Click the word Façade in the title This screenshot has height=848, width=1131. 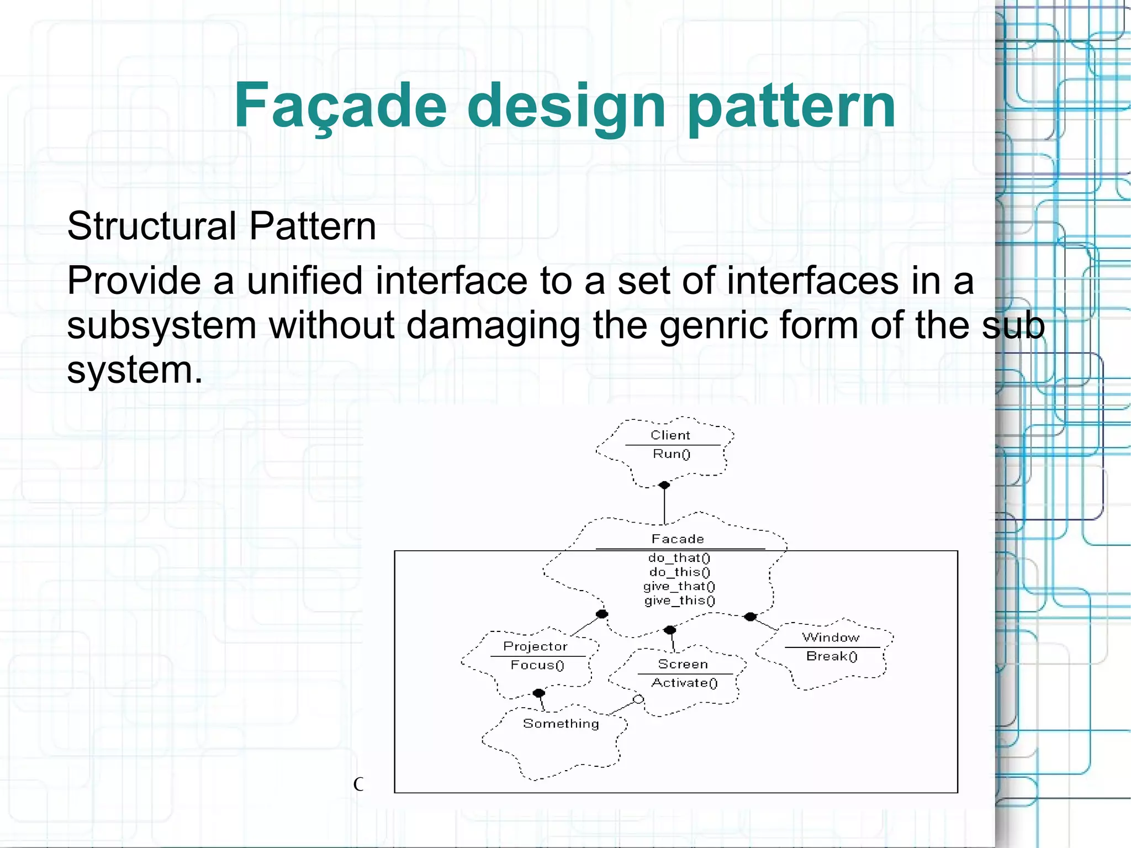(x=340, y=106)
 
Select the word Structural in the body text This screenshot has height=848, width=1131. (x=152, y=226)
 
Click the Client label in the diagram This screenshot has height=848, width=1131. (x=670, y=435)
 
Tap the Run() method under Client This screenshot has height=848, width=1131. (x=672, y=454)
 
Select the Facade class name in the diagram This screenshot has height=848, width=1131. (x=678, y=539)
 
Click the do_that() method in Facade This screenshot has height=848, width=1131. (x=679, y=558)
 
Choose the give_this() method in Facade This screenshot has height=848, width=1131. (x=679, y=601)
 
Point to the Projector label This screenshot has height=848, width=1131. (x=535, y=646)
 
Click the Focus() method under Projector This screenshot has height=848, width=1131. (x=537, y=665)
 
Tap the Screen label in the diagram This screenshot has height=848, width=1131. (x=683, y=664)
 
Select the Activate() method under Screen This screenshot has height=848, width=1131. (x=684, y=683)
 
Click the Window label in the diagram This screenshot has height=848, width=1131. (x=831, y=638)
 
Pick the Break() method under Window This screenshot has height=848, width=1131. (x=832, y=656)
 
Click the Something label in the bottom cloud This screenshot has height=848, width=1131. (x=561, y=724)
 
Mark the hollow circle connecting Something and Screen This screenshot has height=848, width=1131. (x=638, y=700)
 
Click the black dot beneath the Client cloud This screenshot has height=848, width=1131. (x=664, y=485)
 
